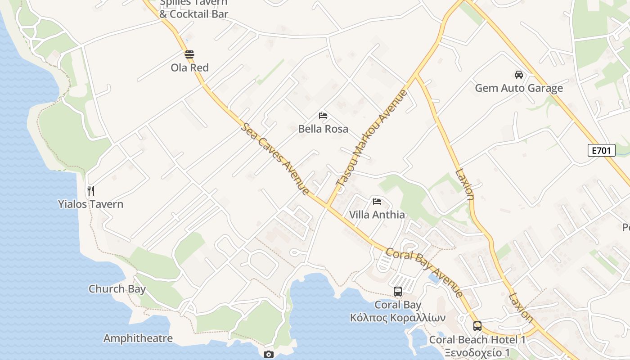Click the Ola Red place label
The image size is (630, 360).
pos(189,67)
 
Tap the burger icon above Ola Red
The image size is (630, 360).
pos(189,55)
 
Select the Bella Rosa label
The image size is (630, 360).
pos(323,129)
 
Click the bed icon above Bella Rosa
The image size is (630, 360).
pos(323,116)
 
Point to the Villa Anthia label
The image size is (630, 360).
pos(377,215)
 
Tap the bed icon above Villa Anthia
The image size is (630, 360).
pos(377,202)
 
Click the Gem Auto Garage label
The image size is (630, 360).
pos(519,88)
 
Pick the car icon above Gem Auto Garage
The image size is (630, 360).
pos(519,75)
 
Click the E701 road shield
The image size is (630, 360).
pos(602,150)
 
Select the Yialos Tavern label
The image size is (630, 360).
pos(90,204)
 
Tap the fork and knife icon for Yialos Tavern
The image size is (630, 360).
pos(91,191)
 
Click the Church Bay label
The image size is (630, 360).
pos(117,288)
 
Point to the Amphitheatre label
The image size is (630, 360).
pos(138,338)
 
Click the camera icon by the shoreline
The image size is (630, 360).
pos(269,355)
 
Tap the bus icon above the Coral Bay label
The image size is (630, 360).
pos(398,292)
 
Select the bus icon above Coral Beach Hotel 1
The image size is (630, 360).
pos(477,326)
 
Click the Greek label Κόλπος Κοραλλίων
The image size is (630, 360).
pos(398,318)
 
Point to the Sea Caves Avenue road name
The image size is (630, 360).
pos(275,158)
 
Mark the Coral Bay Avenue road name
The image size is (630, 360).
pos(424,272)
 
